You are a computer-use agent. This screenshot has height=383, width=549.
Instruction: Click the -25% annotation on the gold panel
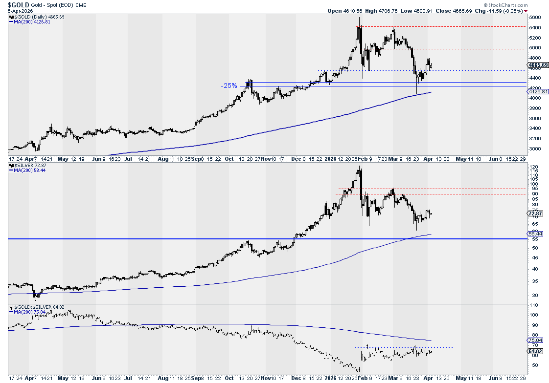(x=229, y=85)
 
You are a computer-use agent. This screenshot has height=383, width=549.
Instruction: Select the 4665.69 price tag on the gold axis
(x=537, y=65)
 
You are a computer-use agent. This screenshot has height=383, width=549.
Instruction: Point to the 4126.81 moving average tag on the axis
(x=537, y=92)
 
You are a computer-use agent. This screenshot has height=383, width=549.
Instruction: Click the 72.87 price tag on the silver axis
(x=535, y=213)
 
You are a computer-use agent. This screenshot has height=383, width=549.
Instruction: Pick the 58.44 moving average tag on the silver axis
(x=535, y=234)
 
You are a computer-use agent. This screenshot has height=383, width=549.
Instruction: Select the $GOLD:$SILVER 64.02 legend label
(x=33, y=307)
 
